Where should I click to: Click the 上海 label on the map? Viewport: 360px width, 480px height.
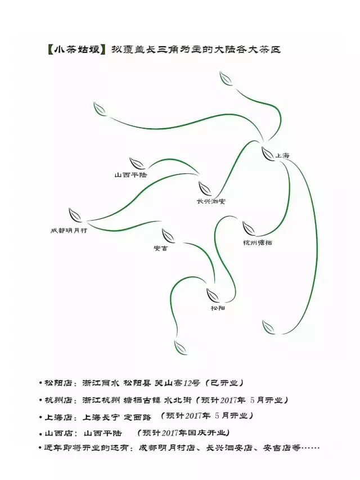(x=282, y=155)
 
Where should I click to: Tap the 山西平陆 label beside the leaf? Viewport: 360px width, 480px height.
(x=130, y=175)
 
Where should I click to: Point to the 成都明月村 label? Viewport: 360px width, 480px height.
(x=69, y=230)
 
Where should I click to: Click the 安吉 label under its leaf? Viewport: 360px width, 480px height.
(x=160, y=248)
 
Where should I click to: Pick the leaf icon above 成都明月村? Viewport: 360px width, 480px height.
(x=75, y=215)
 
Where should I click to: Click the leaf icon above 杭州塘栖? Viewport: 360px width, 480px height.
(x=249, y=228)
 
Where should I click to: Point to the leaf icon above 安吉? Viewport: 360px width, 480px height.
(x=168, y=235)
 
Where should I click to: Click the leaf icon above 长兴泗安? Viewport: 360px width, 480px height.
(x=205, y=188)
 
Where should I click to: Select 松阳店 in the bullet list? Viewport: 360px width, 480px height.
(x=60, y=383)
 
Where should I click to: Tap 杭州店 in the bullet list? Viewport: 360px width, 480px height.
(x=60, y=400)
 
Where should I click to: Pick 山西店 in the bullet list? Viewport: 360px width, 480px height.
(x=60, y=433)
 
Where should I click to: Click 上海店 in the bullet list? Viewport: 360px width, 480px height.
(x=60, y=417)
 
